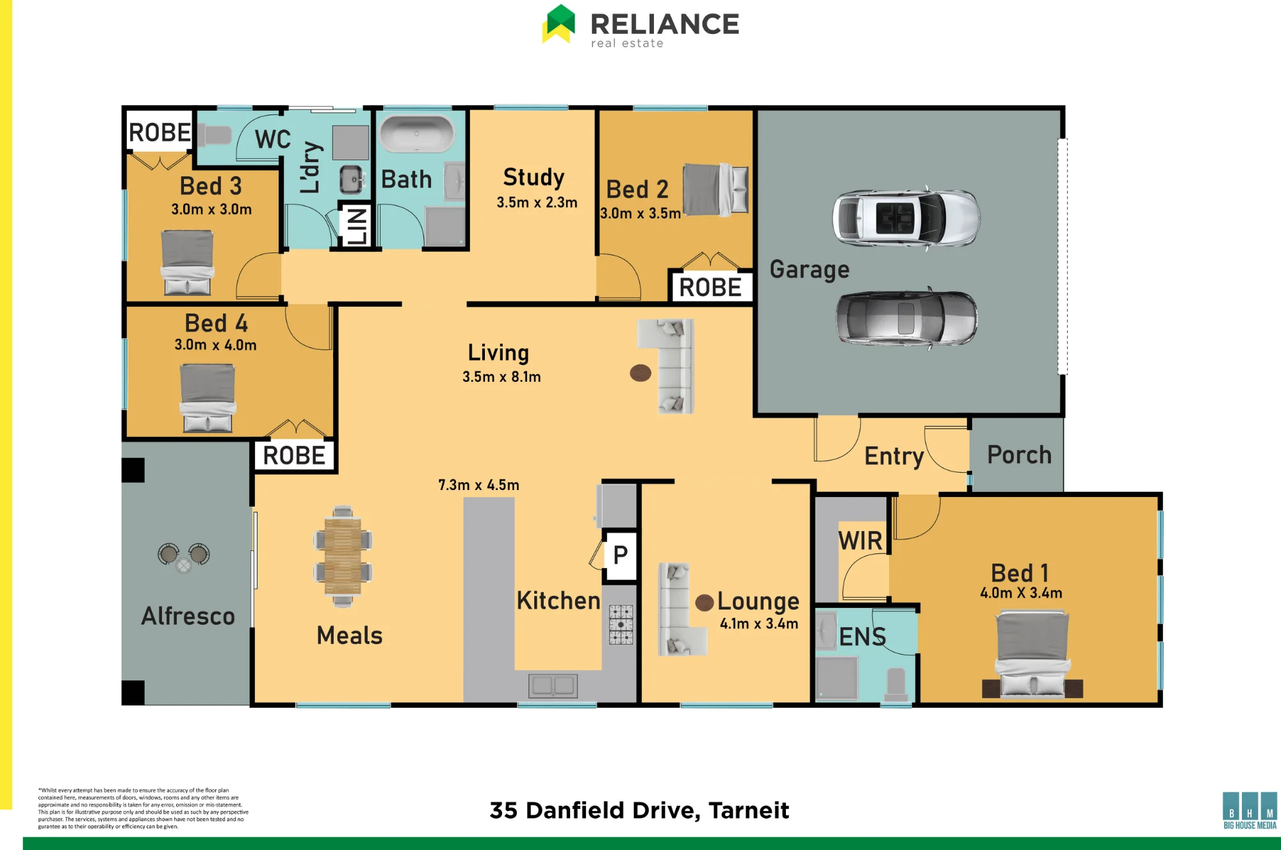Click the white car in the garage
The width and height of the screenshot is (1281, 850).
click(906, 217)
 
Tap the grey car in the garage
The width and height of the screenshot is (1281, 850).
click(906, 318)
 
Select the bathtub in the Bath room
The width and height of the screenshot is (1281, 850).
click(417, 134)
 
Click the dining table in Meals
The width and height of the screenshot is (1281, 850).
click(343, 556)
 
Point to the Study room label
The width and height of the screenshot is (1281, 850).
click(534, 177)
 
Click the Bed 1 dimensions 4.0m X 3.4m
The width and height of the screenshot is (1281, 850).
click(1021, 593)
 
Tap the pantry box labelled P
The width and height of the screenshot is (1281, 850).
click(621, 555)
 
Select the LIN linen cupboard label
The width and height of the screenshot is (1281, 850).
click(356, 225)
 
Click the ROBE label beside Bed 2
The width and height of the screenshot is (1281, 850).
click(710, 288)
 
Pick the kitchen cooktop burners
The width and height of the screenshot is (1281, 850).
click(621, 624)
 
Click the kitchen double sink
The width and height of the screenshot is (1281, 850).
click(553, 685)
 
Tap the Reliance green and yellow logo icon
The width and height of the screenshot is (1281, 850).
click(559, 24)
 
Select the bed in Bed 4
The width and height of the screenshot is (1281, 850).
click(208, 398)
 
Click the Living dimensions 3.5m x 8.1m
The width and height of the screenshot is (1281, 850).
click(502, 377)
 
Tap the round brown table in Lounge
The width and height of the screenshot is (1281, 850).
click(705, 602)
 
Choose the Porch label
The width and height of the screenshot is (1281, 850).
click(1019, 455)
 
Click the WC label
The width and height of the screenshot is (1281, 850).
click(273, 139)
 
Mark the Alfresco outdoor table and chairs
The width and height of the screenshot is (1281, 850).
click(184, 557)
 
